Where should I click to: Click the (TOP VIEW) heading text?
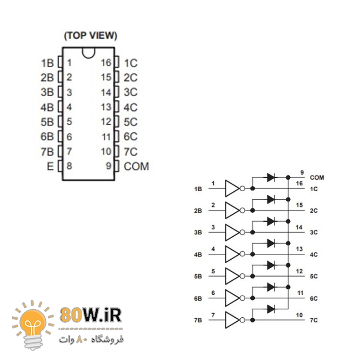(x=90, y=36)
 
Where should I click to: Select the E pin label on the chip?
(x=50, y=166)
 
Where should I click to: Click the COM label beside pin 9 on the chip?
(x=136, y=166)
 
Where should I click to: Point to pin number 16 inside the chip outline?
(x=106, y=63)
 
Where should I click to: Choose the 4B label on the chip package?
(x=47, y=107)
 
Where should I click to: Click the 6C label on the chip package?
(x=130, y=137)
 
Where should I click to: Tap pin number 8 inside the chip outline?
(x=69, y=166)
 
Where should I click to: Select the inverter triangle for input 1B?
(x=232, y=189)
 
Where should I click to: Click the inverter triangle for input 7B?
(x=232, y=320)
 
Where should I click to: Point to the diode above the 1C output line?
(x=271, y=177)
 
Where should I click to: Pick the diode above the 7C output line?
(x=271, y=309)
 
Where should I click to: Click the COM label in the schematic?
(x=317, y=178)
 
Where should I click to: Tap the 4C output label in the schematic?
(x=314, y=255)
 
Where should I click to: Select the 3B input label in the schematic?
(x=198, y=232)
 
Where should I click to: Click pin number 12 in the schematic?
(x=299, y=271)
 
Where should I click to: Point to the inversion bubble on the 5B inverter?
(x=242, y=276)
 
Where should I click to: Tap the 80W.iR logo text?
(x=91, y=315)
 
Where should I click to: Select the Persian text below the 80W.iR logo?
(x=91, y=339)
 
